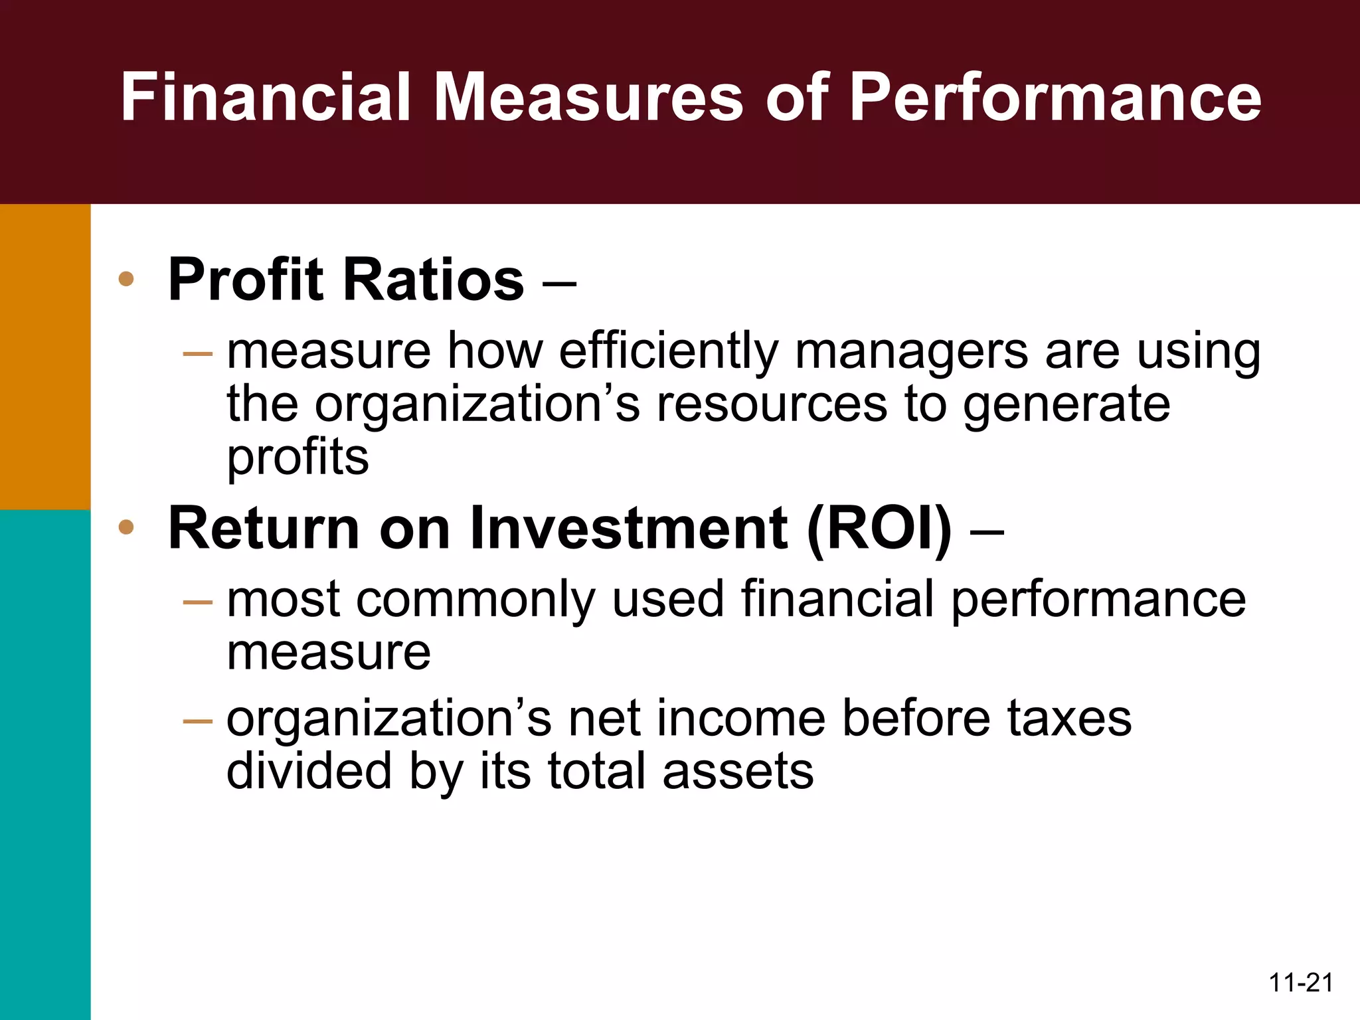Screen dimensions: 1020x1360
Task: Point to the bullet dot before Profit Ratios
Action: point(126,280)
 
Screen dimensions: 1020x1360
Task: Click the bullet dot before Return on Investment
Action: point(126,528)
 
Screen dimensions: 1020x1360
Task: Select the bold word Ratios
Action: point(433,280)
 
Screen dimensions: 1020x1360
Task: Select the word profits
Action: point(297,458)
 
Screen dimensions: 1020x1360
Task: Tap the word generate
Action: point(1066,405)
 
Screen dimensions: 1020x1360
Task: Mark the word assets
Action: point(738,772)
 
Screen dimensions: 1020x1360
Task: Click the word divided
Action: point(309,772)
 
